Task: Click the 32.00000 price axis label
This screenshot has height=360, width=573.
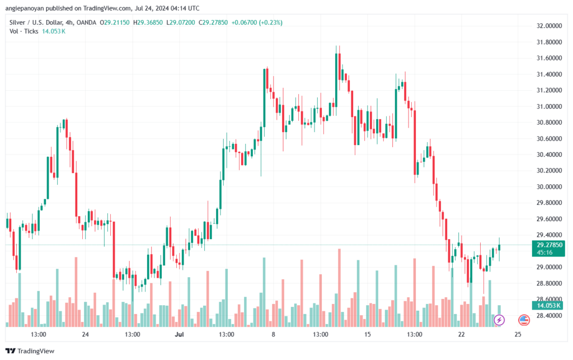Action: (549, 26)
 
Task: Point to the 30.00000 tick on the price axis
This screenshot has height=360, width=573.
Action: (549, 186)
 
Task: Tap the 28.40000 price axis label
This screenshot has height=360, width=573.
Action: (549, 315)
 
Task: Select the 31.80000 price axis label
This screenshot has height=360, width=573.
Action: (549, 42)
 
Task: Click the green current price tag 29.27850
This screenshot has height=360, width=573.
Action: (549, 245)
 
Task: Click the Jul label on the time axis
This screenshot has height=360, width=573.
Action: (179, 334)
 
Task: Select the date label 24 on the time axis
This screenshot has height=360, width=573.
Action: (85, 334)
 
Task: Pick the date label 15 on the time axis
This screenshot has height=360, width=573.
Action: (368, 334)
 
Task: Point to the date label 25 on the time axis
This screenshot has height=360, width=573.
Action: (518, 334)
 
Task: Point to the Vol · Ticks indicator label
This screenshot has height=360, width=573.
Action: (24, 31)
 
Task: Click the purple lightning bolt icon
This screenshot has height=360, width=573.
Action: (499, 320)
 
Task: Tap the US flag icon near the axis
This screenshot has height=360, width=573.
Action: (524, 320)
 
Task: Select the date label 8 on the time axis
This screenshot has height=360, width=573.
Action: (273, 334)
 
